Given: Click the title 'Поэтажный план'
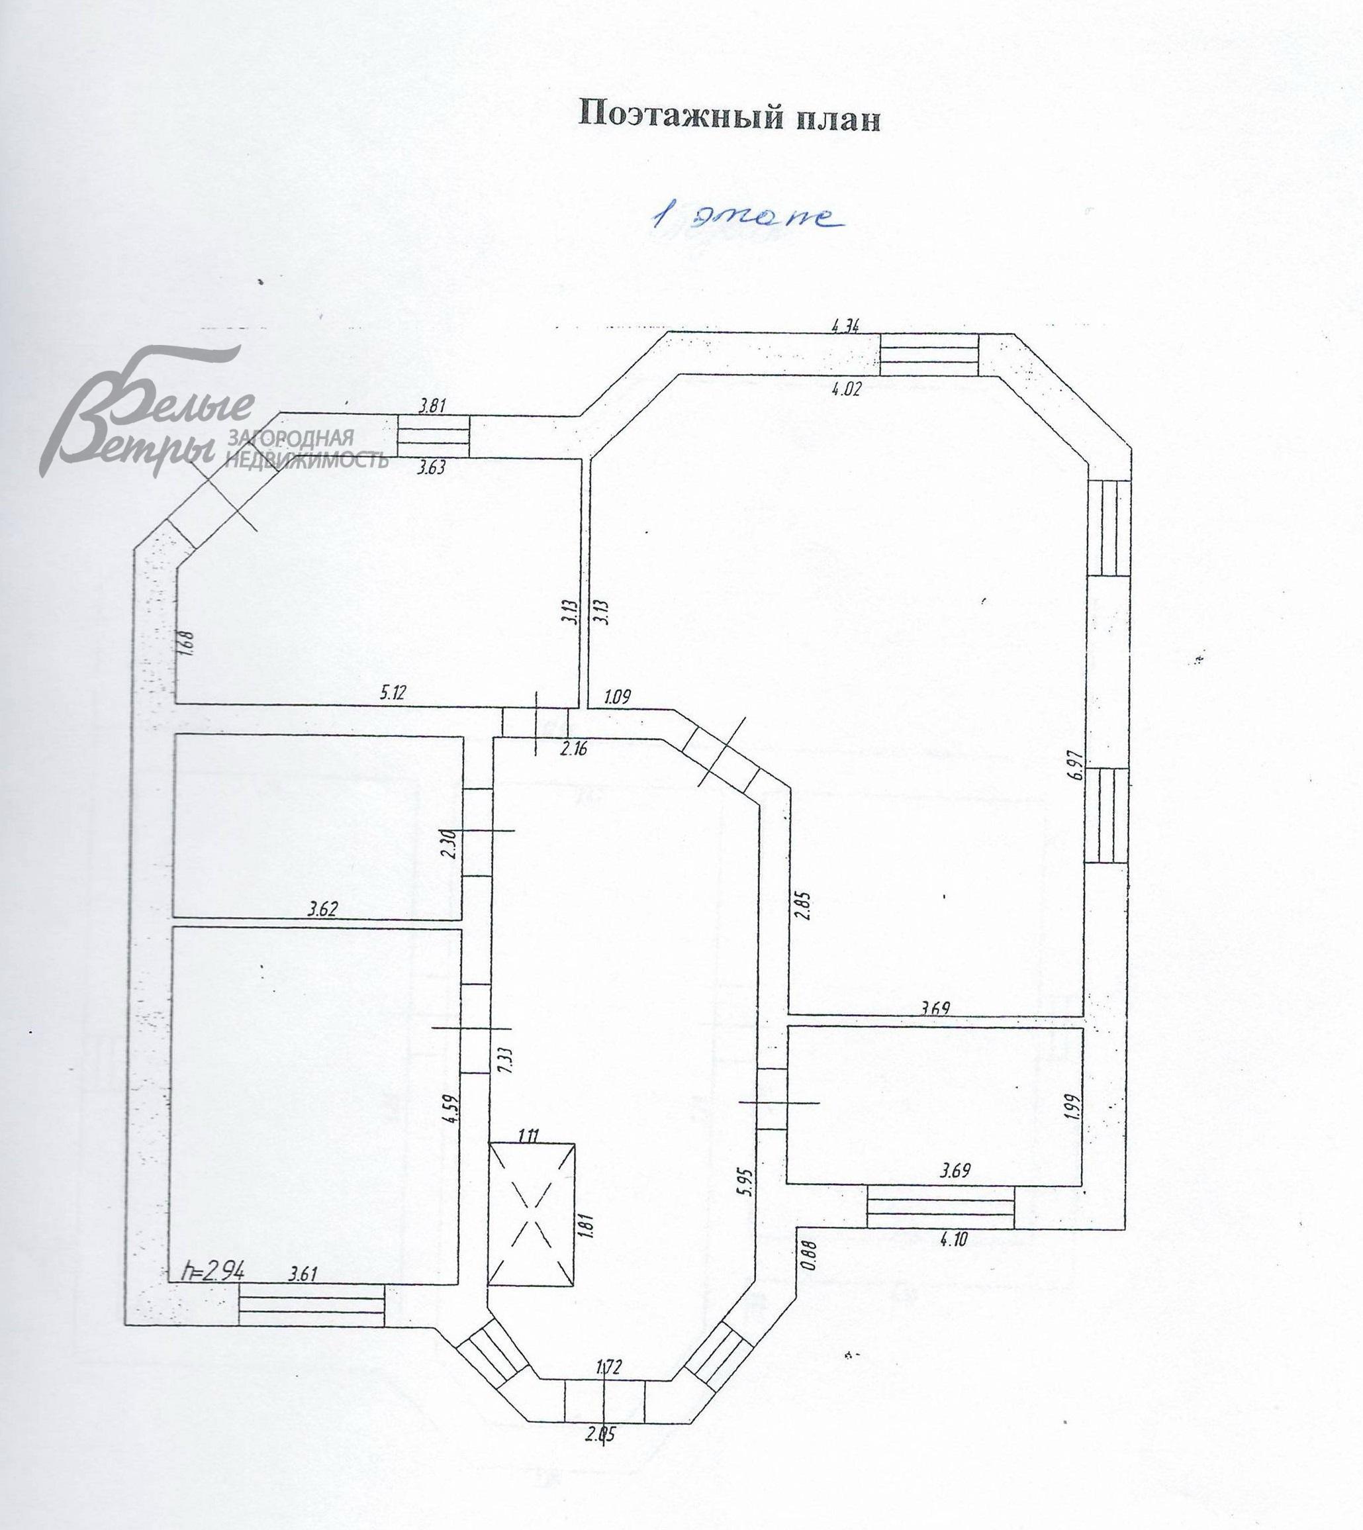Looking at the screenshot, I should tap(729, 117).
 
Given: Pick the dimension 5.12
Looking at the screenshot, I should tap(393, 691).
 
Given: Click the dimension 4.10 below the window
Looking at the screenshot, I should tap(953, 1239).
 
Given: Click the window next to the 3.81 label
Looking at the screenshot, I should tap(433, 435).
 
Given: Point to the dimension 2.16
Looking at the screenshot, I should tap(574, 748).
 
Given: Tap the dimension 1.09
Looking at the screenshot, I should tap(617, 696).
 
